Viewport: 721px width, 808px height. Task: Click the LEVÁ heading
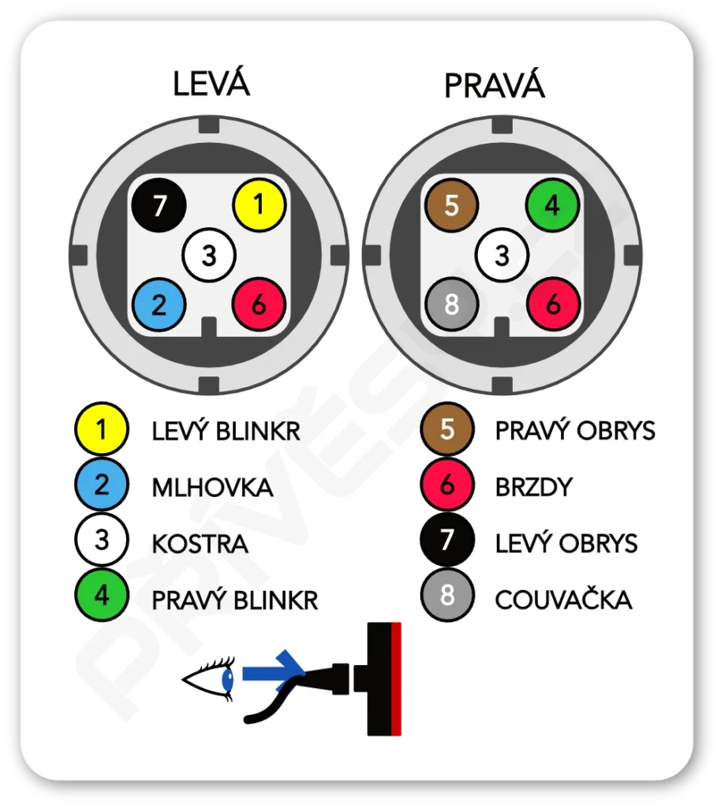pos(211,84)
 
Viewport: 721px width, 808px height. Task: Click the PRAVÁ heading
pos(494,85)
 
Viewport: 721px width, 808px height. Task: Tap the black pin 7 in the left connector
pos(159,206)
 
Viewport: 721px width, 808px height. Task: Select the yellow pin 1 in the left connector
pos(259,205)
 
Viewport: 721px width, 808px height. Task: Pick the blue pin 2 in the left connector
pos(159,305)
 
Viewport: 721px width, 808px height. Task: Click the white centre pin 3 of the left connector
pos(209,255)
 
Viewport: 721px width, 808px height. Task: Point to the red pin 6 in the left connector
pos(259,305)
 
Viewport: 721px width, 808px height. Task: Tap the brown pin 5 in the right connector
pos(452,205)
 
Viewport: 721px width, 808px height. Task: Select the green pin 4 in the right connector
pos(552,205)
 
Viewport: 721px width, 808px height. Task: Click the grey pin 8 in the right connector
pos(452,305)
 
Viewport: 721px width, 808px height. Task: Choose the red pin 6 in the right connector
pos(552,305)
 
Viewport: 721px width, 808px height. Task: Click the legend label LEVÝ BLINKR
pos(226,431)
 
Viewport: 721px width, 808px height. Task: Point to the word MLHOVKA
pos(212,488)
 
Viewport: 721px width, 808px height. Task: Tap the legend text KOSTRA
pos(200,544)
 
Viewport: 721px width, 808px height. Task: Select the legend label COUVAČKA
pos(563,600)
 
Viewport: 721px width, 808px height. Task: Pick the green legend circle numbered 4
pos(101,596)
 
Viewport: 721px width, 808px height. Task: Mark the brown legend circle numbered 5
pos(447,429)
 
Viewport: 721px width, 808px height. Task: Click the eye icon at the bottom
pos(209,678)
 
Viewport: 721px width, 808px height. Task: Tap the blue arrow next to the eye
pos(273,672)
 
